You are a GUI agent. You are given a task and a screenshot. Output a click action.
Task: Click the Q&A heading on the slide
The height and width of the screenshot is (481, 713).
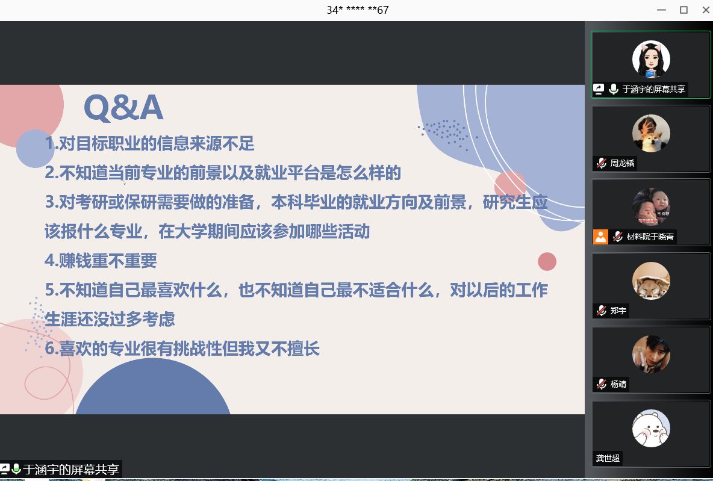[123, 107]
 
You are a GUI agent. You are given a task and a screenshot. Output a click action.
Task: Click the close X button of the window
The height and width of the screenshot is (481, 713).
[706, 10]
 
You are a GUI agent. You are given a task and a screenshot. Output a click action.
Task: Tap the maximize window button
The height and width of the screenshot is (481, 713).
[683, 10]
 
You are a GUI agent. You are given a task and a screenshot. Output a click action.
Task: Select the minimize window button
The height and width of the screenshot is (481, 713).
[662, 10]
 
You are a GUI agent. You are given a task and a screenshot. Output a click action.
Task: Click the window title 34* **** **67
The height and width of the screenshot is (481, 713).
[358, 10]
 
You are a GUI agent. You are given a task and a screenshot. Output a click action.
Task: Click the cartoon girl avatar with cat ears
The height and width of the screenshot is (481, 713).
[651, 59]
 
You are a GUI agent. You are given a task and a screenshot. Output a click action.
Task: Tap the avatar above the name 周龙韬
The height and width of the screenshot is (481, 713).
[651, 133]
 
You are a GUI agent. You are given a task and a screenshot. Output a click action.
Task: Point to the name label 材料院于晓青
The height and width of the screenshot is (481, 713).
[650, 237]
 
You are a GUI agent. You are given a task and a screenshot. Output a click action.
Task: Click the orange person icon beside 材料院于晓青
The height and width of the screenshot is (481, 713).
[600, 237]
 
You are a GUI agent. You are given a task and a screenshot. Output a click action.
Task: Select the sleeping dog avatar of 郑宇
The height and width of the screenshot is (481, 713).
[651, 281]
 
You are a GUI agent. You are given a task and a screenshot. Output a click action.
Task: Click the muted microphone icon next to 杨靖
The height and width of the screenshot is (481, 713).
[602, 384]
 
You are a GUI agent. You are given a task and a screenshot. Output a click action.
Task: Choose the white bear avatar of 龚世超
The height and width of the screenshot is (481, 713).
[651, 428]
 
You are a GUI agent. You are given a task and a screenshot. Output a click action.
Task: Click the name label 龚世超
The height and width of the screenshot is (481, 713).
[608, 458]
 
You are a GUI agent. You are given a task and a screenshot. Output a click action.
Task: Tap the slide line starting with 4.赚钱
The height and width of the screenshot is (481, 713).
[101, 261]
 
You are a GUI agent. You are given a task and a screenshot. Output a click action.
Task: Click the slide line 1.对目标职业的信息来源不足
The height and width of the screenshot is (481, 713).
[149, 144]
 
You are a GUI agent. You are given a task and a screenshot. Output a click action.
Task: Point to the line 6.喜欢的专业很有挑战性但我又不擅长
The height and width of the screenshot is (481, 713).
[182, 349]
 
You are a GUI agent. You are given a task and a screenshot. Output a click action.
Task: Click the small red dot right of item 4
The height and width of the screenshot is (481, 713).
[547, 261]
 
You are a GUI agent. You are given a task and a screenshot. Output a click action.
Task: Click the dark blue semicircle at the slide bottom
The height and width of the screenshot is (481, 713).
[153, 391]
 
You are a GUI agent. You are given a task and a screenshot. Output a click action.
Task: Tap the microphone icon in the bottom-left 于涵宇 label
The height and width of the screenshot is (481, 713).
[16, 469]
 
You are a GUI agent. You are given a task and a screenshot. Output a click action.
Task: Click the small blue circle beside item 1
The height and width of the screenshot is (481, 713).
[35, 149]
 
